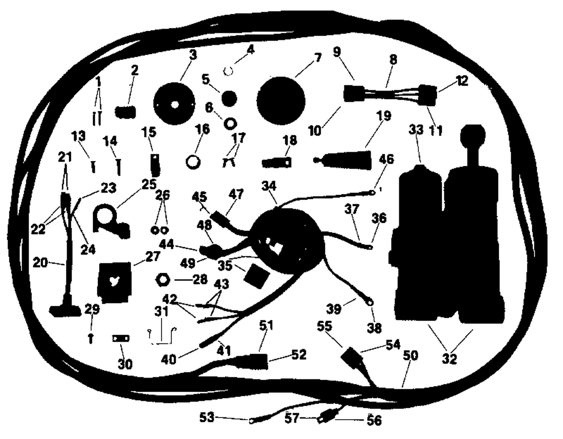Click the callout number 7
click(x=318, y=58)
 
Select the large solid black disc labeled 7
click(x=281, y=101)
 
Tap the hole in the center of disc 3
click(x=175, y=105)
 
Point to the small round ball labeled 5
click(x=229, y=98)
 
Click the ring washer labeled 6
click(x=230, y=123)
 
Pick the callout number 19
click(x=384, y=116)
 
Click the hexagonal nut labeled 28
click(x=163, y=280)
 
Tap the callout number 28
click(x=200, y=280)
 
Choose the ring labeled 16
click(x=193, y=162)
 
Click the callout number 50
click(x=411, y=356)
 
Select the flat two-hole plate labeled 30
click(x=121, y=338)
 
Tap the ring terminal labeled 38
click(x=369, y=302)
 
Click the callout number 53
click(x=207, y=418)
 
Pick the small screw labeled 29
click(x=91, y=338)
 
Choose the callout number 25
click(x=149, y=184)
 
